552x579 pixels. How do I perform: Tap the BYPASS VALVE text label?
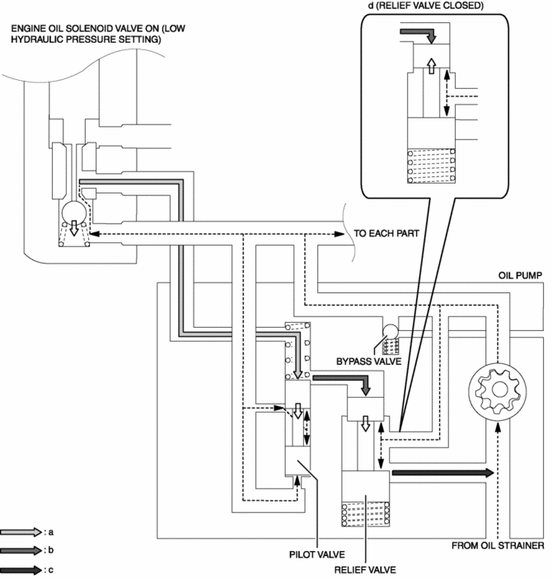368,362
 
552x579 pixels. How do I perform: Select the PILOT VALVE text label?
317,554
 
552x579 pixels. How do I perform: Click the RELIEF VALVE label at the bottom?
365,570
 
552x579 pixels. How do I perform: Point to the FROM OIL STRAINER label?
498,545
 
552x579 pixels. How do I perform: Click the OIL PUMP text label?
520,275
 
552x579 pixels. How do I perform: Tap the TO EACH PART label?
386,233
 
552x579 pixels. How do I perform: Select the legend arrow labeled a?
21,532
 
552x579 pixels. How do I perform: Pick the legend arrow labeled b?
21,550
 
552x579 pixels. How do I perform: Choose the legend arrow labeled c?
21,570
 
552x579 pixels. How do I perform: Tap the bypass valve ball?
391,332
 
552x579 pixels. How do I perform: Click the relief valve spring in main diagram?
366,513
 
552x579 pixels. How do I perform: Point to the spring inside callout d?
431,166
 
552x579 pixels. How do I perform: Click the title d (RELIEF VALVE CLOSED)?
426,6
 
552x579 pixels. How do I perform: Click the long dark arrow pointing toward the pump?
442,473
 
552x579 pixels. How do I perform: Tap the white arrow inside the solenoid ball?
74,228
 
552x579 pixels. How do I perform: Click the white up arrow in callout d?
431,66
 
